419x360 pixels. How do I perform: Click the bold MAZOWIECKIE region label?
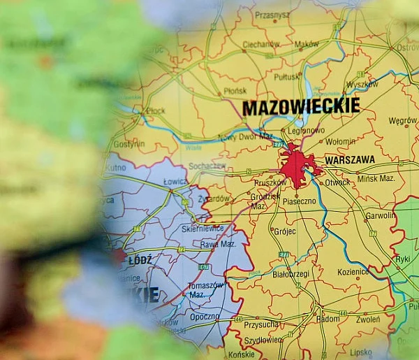(301, 106)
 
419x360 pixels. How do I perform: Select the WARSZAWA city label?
(350, 160)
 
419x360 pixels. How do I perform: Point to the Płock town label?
(156, 110)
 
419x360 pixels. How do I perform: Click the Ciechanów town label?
(260, 44)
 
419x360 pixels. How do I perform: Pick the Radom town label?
(328, 319)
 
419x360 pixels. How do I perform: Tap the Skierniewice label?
(203, 228)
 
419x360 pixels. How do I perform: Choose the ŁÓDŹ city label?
(140, 260)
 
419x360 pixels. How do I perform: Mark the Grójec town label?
(284, 231)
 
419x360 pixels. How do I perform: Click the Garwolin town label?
(380, 216)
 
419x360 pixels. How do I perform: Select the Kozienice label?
(353, 271)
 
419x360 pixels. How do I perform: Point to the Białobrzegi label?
(291, 274)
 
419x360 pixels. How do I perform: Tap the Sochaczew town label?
(207, 166)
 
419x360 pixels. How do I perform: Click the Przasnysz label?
(272, 14)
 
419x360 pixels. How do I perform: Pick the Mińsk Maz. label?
(376, 178)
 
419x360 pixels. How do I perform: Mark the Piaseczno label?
(299, 201)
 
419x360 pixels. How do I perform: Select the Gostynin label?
(129, 144)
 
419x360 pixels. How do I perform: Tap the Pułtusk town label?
(287, 77)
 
